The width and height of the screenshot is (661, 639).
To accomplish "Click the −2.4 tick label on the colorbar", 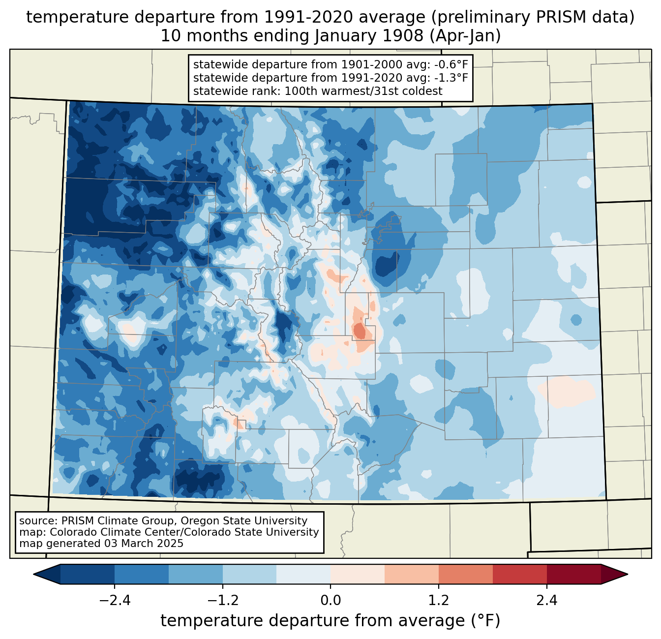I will (115, 601).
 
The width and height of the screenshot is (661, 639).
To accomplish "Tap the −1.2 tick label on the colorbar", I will (222, 601).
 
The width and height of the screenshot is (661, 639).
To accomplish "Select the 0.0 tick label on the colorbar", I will (330, 601).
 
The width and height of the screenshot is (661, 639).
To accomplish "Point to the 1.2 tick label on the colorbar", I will (439, 601).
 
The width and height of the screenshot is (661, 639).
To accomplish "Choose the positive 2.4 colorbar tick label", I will (546, 601).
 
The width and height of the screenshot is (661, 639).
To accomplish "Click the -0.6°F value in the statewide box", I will (450, 65).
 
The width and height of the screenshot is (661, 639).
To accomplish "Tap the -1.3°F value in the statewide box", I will (450, 78).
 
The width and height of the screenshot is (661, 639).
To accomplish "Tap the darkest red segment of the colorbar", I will (573, 574).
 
